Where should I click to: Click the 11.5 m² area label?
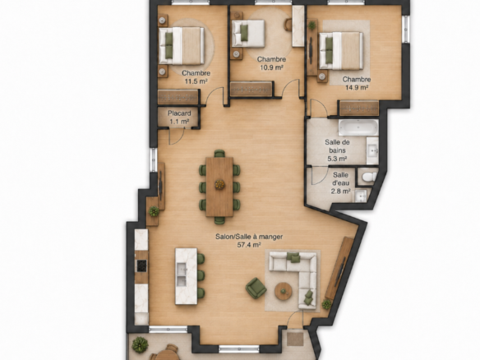[x=196, y=81]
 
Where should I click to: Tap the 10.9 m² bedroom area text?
[x=271, y=67]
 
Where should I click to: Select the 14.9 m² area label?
[x=357, y=88]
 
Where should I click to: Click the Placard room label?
[x=179, y=113]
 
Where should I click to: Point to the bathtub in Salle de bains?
[x=358, y=127]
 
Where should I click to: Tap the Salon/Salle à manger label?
[x=249, y=237]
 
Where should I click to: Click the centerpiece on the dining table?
[x=219, y=184]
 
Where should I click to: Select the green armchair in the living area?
[x=256, y=288]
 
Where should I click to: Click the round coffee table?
[x=284, y=291]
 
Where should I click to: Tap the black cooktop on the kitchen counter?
[x=141, y=265]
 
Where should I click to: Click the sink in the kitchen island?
[x=182, y=276]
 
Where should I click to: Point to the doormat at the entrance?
[x=295, y=339]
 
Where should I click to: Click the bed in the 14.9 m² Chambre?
[x=341, y=50]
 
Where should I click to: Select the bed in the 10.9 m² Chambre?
[x=247, y=34]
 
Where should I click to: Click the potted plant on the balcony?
[x=141, y=344]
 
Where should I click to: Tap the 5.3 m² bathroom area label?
[x=337, y=159]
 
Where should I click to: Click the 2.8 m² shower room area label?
[x=340, y=192]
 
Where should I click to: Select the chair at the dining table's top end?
[x=219, y=154]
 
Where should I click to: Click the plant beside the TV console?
[x=326, y=305]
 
